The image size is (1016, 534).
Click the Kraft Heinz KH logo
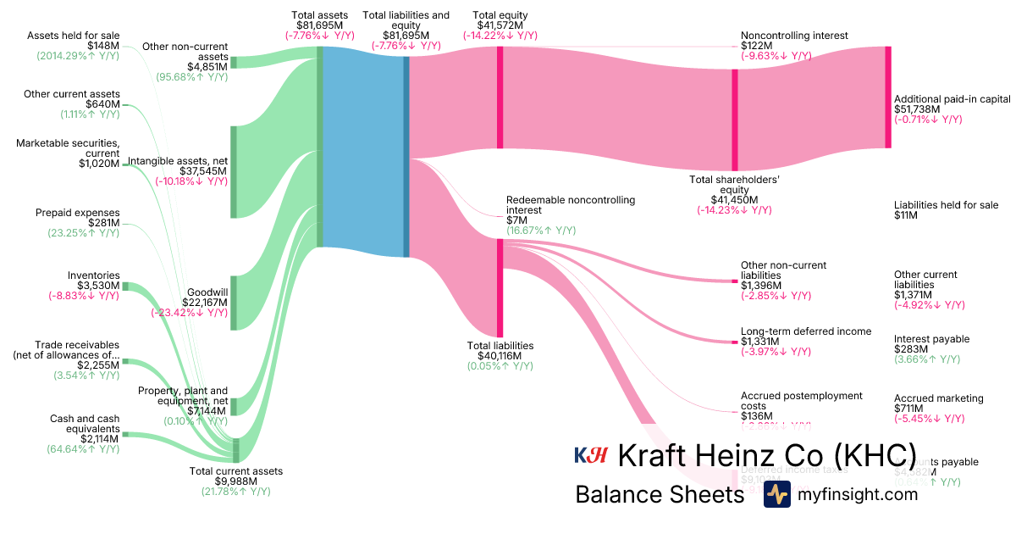pyautogui.click(x=591, y=455)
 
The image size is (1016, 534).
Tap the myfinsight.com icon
pyautogui.click(x=776, y=494)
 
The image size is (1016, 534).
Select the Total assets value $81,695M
pyautogui.click(x=318, y=25)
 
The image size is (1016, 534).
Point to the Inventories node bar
pyautogui.click(x=124, y=286)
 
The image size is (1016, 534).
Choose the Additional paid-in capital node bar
pyautogui.click(x=888, y=97)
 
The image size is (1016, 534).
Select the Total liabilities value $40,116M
pyautogui.click(x=500, y=356)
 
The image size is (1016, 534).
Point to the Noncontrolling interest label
pyautogui.click(x=794, y=36)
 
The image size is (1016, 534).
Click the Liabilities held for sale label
pyautogui.click(x=946, y=205)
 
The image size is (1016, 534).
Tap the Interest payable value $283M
pyautogui.click(x=911, y=349)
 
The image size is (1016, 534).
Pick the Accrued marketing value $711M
pyautogui.click(x=911, y=409)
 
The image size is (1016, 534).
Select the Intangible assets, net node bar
pyautogui.click(x=234, y=171)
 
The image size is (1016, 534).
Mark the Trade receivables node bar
pyautogui.click(x=124, y=361)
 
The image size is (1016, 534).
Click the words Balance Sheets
pyautogui.click(x=659, y=494)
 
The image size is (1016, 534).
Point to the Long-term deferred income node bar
pyautogui.click(x=734, y=342)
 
